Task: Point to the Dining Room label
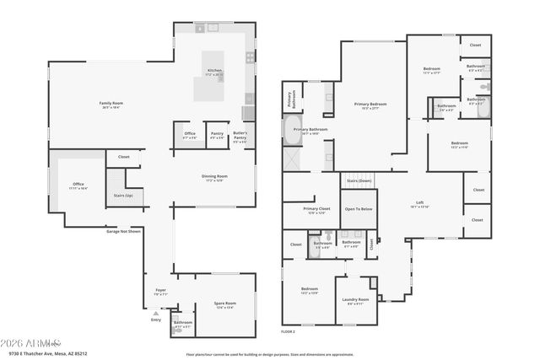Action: pos(213,176)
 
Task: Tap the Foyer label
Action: pos(160,290)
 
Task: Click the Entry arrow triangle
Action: pos(154,314)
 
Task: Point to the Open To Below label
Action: pos(358,208)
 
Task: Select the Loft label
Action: pos(419,203)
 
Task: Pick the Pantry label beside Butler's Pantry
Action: pos(217,134)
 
